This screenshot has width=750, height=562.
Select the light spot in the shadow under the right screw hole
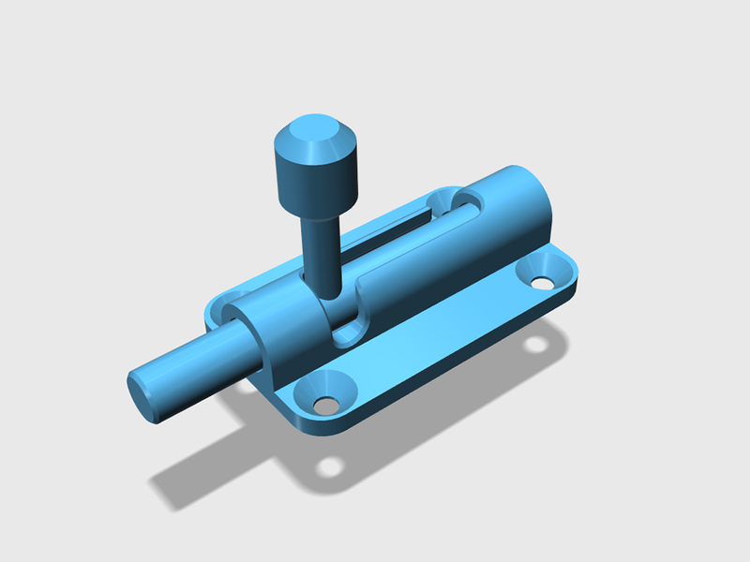(536, 344)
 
